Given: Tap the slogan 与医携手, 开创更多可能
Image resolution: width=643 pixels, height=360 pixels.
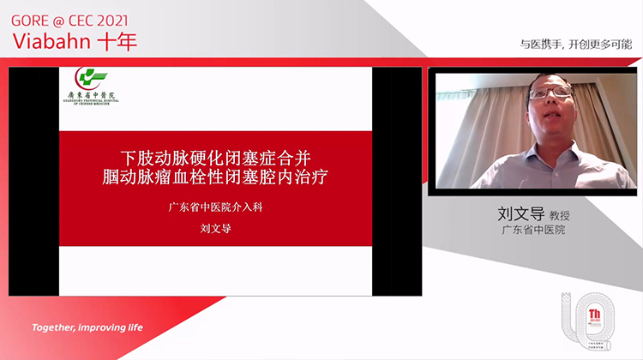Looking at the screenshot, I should [x=577, y=44].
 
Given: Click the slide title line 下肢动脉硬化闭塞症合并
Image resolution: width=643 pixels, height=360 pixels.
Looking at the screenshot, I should [x=214, y=159].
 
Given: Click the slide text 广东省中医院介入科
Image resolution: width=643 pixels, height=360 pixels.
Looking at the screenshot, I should [x=214, y=208].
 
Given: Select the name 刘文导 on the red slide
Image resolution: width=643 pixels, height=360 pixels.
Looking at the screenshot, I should [x=214, y=229].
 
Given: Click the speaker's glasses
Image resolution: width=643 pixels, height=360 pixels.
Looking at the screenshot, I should [x=550, y=92].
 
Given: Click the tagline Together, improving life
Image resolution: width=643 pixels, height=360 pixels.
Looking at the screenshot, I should [x=87, y=327].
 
